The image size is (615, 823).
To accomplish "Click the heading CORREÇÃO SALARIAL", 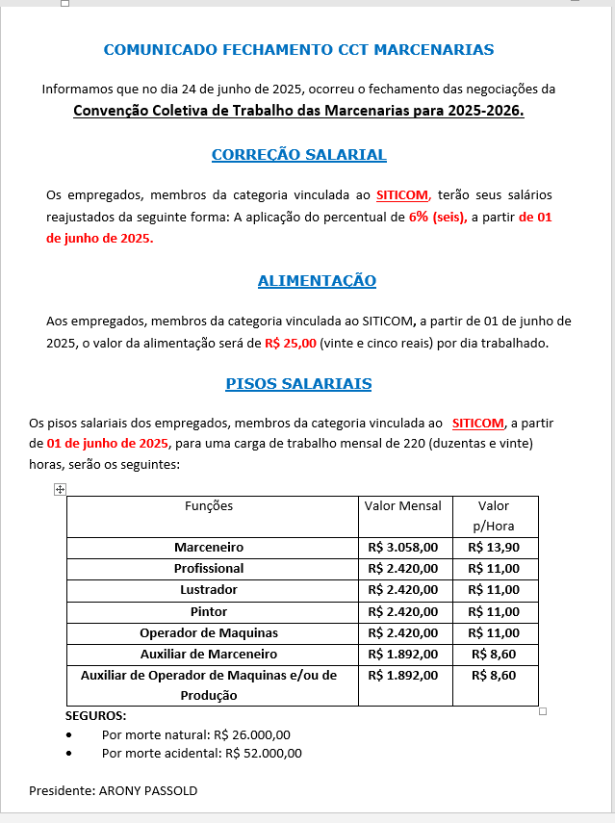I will (298, 155).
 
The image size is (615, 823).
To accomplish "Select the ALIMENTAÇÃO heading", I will (317, 281).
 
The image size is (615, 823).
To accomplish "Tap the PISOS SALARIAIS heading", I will (298, 384).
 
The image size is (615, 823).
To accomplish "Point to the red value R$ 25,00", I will (291, 343).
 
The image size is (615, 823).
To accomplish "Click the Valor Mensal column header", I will (403, 506).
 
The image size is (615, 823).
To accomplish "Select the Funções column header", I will (209, 506).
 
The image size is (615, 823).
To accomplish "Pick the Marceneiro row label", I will (209, 547).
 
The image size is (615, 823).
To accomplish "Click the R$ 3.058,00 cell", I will (403, 547).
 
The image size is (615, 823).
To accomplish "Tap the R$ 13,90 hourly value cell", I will (494, 547).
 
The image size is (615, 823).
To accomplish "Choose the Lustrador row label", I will (209, 590).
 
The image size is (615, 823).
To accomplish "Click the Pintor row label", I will (209, 611).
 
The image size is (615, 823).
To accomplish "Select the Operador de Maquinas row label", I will (209, 633).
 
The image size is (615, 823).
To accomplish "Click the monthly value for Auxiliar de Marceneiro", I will (403, 655).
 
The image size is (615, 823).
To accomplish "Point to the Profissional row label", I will (209, 569).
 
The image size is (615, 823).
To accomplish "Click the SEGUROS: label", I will (96, 716).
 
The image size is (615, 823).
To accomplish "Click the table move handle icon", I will (60, 490).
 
